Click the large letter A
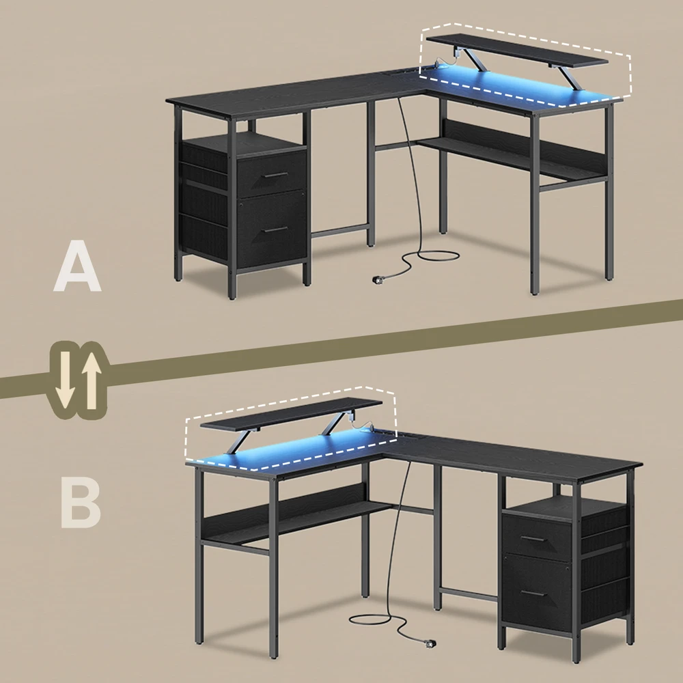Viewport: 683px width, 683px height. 78,266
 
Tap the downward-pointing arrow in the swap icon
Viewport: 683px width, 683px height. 65,380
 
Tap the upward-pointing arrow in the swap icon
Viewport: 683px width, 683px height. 91,380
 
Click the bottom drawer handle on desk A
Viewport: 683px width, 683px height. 276,229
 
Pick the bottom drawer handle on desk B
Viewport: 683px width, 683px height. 535,594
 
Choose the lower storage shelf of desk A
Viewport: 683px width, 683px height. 512,158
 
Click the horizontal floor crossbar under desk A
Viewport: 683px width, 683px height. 339,231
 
